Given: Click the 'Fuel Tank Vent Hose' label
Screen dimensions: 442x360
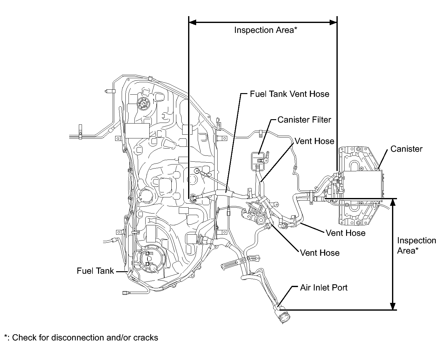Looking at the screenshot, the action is (x=289, y=94).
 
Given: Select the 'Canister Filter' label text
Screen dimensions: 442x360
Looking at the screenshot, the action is (x=304, y=120).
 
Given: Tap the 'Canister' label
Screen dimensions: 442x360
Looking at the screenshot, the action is (x=406, y=149).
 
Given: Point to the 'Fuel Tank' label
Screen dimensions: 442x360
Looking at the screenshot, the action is (x=95, y=271).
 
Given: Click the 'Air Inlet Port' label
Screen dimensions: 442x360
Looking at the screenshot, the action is (x=324, y=288).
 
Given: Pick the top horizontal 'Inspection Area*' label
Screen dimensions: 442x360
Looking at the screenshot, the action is (x=266, y=30).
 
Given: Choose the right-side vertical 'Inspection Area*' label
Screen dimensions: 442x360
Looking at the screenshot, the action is (x=417, y=245).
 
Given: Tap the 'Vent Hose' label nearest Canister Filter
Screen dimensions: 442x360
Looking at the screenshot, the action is (x=314, y=141).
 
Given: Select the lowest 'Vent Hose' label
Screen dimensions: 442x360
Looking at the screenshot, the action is (x=320, y=253).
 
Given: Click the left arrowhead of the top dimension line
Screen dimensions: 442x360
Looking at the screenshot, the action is (x=192, y=22).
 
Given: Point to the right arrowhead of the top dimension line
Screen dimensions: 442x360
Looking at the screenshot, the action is (x=333, y=22).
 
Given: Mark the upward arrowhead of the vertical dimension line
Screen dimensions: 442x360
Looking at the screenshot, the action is (x=393, y=202).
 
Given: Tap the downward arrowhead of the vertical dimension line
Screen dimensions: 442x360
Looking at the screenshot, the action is (x=393, y=306).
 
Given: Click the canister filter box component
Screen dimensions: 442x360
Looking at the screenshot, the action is (x=258, y=161).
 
